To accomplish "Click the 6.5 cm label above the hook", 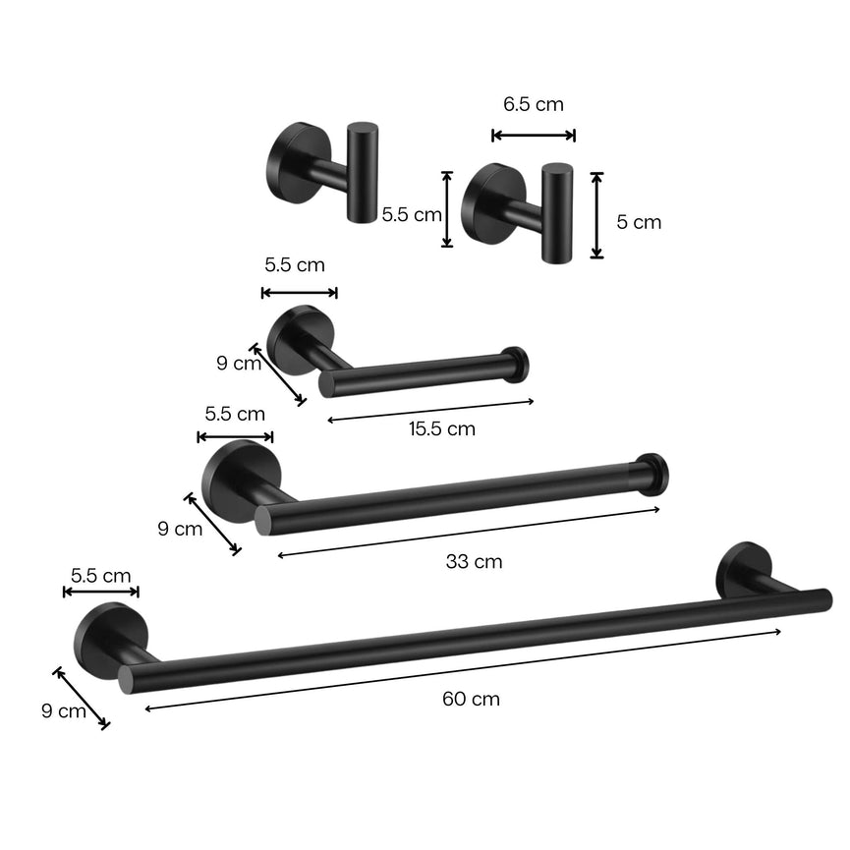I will pos(534,104).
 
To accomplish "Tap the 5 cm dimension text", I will pos(639,222).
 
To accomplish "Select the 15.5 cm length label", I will pos(441,428).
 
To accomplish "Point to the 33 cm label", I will pos(474,562).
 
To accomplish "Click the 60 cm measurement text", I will pos(471,700).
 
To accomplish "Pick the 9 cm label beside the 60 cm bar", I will pos(64,711).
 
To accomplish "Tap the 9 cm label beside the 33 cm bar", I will pos(180,529).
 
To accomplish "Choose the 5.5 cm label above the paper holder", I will pos(295,264).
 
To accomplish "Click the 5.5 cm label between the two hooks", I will pos(412,214).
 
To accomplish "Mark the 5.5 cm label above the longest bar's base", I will pos(100,576).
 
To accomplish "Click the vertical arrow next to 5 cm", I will pos(596,215).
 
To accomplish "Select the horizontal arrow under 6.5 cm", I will pos(534,136).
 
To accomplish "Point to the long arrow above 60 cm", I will pos(462,668).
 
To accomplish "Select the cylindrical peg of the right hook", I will pos(556,212).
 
